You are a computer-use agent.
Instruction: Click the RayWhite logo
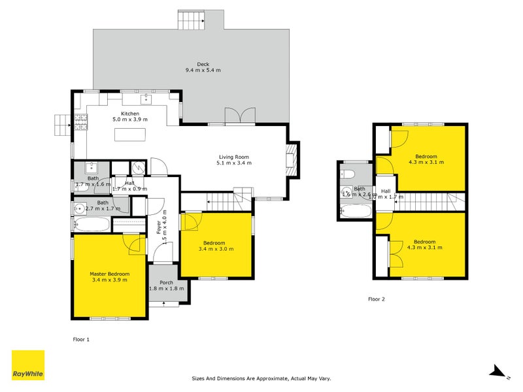click(28, 365)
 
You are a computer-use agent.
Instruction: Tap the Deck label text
click(194, 63)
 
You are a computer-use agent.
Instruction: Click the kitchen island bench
click(130, 134)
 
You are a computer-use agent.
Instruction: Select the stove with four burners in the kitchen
click(82, 122)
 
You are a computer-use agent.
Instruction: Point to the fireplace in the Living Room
click(292, 159)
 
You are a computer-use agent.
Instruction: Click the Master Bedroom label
click(110, 274)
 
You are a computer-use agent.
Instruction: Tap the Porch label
click(167, 282)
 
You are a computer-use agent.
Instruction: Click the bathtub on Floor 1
click(93, 224)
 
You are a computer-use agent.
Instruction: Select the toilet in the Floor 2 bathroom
click(348, 174)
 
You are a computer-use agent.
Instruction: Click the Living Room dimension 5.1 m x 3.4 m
click(234, 163)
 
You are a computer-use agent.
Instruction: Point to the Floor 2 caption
click(377, 299)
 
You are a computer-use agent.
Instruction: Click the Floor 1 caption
click(80, 339)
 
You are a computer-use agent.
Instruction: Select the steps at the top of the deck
click(191, 20)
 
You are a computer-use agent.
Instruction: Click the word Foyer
click(158, 227)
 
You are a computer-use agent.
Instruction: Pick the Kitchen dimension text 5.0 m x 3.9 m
click(130, 120)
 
